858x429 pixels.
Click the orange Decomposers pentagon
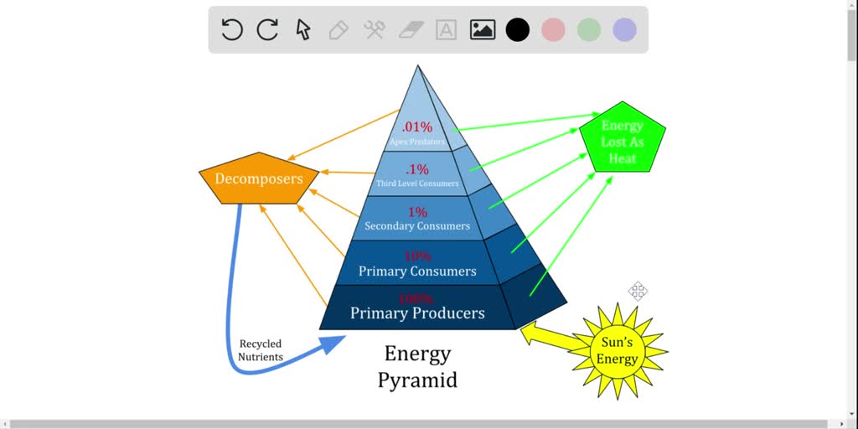(x=258, y=178)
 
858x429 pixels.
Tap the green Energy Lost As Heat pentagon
(x=623, y=141)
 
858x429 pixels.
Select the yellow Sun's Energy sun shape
(x=618, y=351)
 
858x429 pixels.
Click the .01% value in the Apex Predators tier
(x=416, y=127)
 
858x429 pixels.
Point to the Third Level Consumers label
(x=417, y=183)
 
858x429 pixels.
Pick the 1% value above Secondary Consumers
(x=417, y=212)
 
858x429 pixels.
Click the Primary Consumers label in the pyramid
(x=417, y=271)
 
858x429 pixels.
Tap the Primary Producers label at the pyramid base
(x=417, y=313)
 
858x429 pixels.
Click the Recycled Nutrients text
(x=261, y=350)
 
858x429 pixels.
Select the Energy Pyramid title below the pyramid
(x=417, y=366)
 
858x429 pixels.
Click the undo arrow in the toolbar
(x=232, y=30)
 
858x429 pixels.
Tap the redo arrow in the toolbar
(x=267, y=30)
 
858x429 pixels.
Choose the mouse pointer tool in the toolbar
(x=303, y=30)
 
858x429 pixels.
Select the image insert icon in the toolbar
(x=482, y=30)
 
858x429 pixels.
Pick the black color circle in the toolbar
(x=518, y=30)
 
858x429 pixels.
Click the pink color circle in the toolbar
(x=553, y=30)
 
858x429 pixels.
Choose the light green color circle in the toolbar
(x=589, y=30)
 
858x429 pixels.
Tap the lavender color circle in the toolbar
(x=624, y=30)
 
